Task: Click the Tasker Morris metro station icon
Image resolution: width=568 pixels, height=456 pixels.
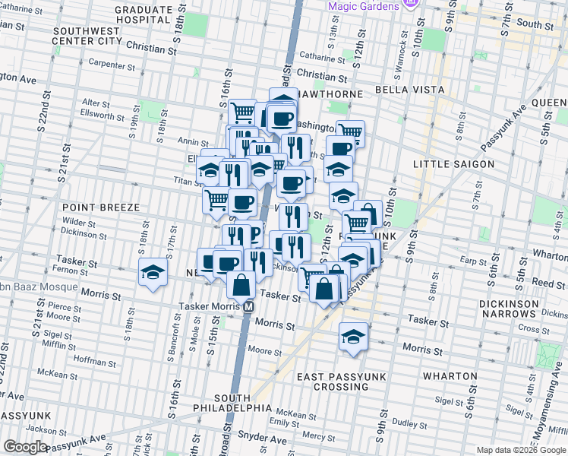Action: pyautogui.click(x=248, y=307)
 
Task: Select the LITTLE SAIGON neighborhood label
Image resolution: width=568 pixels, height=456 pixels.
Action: pyautogui.click(x=453, y=164)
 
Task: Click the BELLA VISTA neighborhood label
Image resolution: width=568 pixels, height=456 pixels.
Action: pyautogui.click(x=409, y=90)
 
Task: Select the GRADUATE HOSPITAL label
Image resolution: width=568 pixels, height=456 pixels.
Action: pyautogui.click(x=143, y=13)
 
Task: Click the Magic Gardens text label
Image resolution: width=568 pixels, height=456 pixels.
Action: pyautogui.click(x=363, y=6)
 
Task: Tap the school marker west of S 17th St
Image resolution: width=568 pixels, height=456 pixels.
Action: pyautogui.click(x=153, y=273)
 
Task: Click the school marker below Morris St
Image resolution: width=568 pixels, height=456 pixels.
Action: pyautogui.click(x=353, y=336)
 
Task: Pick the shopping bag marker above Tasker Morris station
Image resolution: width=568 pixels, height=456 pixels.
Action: pyautogui.click(x=241, y=285)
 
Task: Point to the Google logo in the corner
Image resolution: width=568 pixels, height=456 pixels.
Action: pyautogui.click(x=25, y=447)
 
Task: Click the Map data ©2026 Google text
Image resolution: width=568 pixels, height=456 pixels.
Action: pyautogui.click(x=520, y=450)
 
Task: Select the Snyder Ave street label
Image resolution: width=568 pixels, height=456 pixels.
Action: pyautogui.click(x=259, y=436)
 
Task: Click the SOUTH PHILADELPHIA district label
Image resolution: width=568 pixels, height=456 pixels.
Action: pyautogui.click(x=243, y=403)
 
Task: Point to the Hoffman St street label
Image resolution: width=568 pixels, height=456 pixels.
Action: pyautogui.click(x=95, y=363)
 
